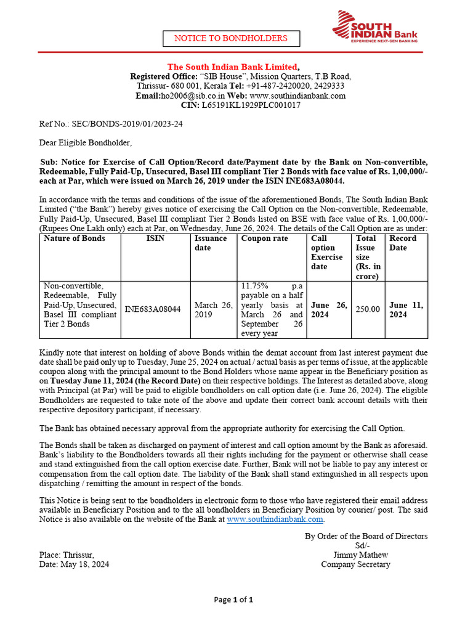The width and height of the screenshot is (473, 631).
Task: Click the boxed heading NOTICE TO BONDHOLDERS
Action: tap(230, 38)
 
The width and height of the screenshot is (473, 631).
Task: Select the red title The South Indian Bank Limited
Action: tap(233, 67)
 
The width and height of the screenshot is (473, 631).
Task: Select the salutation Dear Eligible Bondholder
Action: tap(86, 143)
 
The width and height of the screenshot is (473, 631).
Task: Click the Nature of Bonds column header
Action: tap(75, 238)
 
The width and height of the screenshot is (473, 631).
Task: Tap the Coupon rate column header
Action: tap(264, 238)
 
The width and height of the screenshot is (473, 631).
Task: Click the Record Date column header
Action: tap(402, 243)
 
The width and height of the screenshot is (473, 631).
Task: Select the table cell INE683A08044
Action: tap(153, 309)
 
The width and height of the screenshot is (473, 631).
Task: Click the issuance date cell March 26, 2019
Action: tap(214, 309)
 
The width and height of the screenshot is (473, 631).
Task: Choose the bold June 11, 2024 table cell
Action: tap(406, 309)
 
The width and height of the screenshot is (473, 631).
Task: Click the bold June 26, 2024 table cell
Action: tap(329, 309)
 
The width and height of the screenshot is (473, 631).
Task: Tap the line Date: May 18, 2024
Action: tap(74, 564)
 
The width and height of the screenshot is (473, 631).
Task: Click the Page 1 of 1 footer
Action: tap(233, 600)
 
